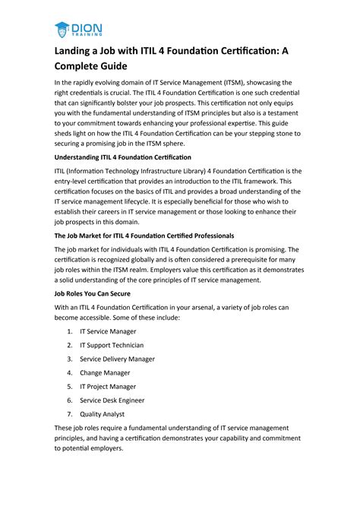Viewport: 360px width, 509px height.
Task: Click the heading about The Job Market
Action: pos(144,236)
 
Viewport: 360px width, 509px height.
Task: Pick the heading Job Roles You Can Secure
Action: pos(93,293)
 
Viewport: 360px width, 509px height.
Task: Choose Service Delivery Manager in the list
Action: pos(118,359)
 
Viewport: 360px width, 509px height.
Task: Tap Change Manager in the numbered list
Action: pos(105,373)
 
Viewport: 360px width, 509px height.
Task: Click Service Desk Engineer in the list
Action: pos(112,400)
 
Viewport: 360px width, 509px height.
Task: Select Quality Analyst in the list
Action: pos(103,414)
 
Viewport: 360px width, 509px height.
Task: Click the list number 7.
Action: pos(70,414)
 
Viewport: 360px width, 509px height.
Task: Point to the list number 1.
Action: pos(70,332)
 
